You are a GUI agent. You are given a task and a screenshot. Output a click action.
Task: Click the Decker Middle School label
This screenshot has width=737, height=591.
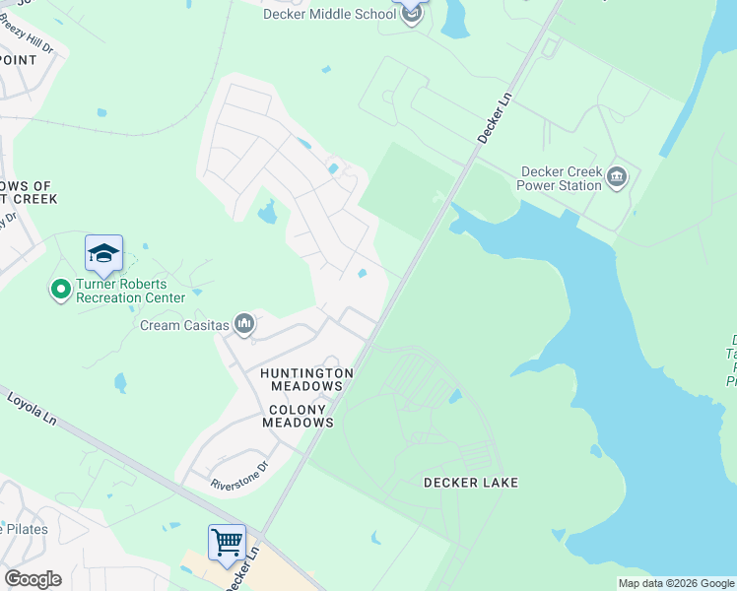pyautogui.click(x=328, y=14)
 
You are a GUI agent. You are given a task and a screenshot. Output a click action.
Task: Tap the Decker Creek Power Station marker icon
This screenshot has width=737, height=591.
pyautogui.click(x=618, y=177)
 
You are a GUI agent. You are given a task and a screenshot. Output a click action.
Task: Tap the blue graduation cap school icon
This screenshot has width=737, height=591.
pyautogui.click(x=103, y=253)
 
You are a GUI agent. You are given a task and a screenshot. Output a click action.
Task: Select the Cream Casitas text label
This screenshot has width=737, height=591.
pyautogui.click(x=184, y=325)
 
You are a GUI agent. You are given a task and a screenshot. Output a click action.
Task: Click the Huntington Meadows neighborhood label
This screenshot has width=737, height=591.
pyautogui.click(x=306, y=380)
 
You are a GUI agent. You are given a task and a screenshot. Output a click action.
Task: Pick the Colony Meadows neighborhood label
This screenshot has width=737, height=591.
pyautogui.click(x=298, y=415)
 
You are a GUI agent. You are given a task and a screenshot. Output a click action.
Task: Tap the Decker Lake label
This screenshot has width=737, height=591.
pyautogui.click(x=470, y=483)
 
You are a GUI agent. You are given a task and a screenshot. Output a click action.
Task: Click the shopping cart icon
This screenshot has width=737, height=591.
pyautogui.click(x=227, y=542)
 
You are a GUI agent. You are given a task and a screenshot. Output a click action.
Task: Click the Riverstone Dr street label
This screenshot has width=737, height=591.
pyautogui.click(x=239, y=477)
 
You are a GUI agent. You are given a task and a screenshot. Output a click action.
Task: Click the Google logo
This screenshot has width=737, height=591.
pyautogui.click(x=33, y=579)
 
